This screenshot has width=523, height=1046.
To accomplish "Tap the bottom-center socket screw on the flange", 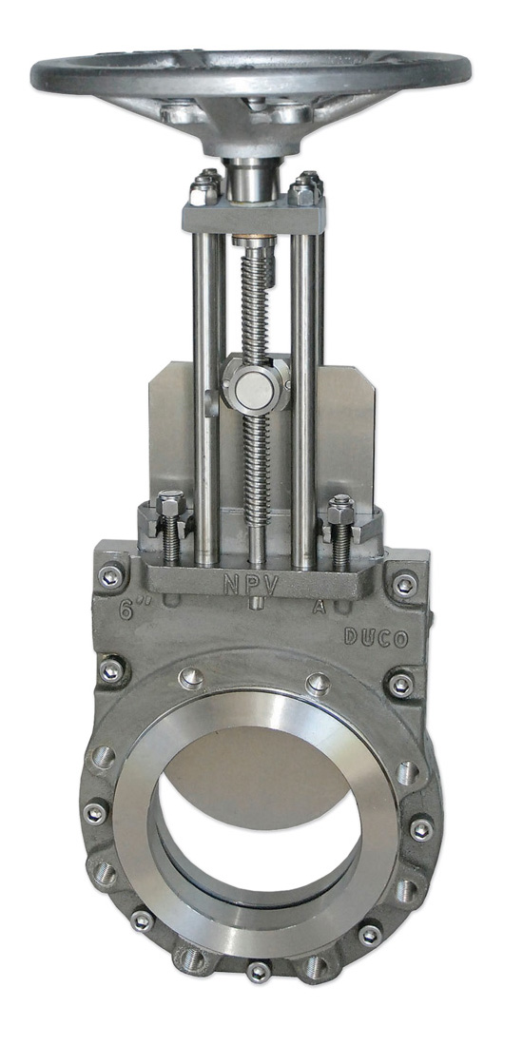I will pyautogui.click(x=257, y=972).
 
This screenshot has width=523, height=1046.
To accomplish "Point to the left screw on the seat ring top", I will pyautogui.click(x=190, y=677).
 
